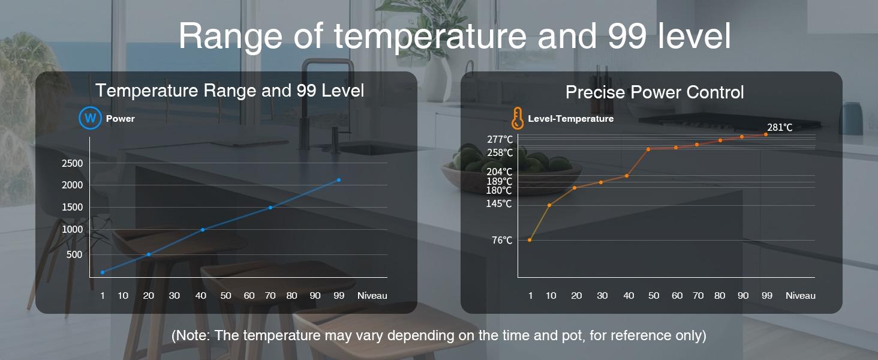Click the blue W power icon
[x=90, y=118]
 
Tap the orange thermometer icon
[x=518, y=118]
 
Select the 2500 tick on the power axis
[x=73, y=163]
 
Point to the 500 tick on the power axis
[x=74, y=254]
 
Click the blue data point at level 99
[x=339, y=180]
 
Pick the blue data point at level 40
[x=203, y=230]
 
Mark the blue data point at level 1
[x=103, y=272]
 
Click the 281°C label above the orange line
[x=780, y=127]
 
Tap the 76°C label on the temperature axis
[x=502, y=240]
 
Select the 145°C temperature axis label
[x=499, y=203]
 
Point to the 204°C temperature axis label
[x=500, y=172]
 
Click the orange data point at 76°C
[x=530, y=240]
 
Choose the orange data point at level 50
[x=648, y=149]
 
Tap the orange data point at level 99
[x=765, y=134]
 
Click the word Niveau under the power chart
[x=372, y=296]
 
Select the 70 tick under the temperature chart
[x=698, y=296]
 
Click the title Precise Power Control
[x=654, y=92]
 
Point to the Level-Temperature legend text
[x=571, y=118]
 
